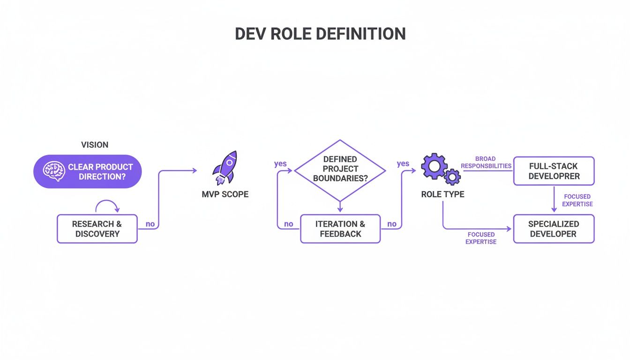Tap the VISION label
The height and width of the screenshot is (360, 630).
click(x=95, y=145)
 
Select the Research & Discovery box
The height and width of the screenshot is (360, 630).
click(x=97, y=229)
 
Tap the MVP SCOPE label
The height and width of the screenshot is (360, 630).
click(x=225, y=194)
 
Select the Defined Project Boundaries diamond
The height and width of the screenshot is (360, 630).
click(x=340, y=169)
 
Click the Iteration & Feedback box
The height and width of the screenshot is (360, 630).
click(x=340, y=229)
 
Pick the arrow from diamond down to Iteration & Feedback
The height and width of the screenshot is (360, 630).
click(x=340, y=205)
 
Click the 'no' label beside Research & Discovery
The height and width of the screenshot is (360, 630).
click(x=150, y=224)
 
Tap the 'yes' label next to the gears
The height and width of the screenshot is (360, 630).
click(x=403, y=164)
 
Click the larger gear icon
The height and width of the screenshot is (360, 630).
click(x=433, y=166)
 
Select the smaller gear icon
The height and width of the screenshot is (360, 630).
click(x=452, y=177)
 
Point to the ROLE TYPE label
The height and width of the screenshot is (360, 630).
click(x=442, y=194)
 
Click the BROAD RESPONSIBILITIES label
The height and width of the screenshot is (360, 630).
click(x=486, y=162)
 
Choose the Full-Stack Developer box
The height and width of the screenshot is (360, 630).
click(x=554, y=171)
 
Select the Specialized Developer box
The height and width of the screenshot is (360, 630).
click(x=554, y=229)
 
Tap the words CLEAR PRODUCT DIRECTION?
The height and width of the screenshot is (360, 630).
click(x=100, y=172)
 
